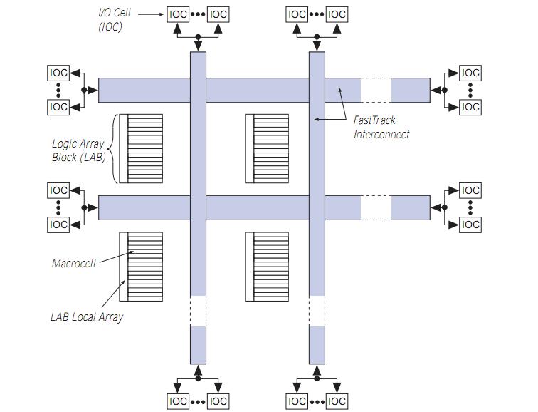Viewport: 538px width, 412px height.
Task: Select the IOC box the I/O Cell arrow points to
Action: pyautogui.click(x=178, y=14)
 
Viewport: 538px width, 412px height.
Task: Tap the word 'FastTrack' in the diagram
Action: pyautogui.click(x=374, y=120)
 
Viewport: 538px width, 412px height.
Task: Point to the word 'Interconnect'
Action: pyautogui.click(x=381, y=133)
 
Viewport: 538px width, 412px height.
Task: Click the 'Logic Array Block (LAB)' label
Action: pyautogui.click(x=78, y=150)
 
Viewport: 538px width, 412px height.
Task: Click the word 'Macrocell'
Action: pyautogui.click(x=74, y=263)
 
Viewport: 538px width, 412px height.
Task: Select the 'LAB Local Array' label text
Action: pyautogui.click(x=86, y=317)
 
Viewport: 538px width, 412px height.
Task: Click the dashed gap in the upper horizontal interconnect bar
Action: pyautogui.click(x=376, y=90)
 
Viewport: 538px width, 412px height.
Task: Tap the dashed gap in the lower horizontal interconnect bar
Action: pyautogui.click(x=376, y=207)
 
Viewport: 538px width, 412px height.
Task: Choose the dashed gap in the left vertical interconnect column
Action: pyautogui.click(x=198, y=311)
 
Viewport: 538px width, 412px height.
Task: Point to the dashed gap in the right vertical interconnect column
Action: pyautogui.click(x=317, y=311)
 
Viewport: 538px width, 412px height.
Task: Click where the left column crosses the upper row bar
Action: pyautogui.click(x=198, y=90)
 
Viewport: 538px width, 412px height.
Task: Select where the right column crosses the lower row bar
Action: pyautogui.click(x=317, y=207)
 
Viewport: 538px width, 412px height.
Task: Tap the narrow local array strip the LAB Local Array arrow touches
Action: pyautogui.click(x=123, y=267)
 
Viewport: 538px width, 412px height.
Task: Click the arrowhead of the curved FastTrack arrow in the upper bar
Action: pyautogui.click(x=339, y=90)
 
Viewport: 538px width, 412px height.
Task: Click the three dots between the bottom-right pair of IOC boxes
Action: pyautogui.click(x=317, y=401)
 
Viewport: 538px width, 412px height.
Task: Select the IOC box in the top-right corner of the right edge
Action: pyautogui.click(x=470, y=73)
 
